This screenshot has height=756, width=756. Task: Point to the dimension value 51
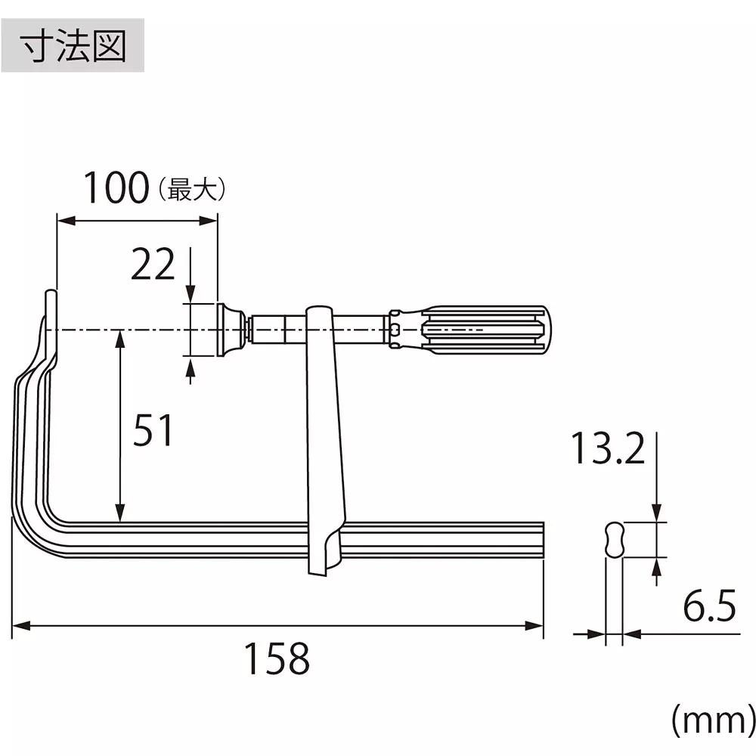point(153,431)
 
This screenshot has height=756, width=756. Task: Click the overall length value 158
point(276,659)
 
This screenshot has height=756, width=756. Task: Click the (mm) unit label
point(711,722)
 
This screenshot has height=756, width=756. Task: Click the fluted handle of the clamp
point(484,330)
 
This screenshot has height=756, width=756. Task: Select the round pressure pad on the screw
point(228,330)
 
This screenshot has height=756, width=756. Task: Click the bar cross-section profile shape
point(615,540)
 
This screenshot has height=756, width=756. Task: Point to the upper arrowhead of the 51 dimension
point(119,338)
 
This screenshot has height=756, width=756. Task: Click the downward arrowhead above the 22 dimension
point(190,295)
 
